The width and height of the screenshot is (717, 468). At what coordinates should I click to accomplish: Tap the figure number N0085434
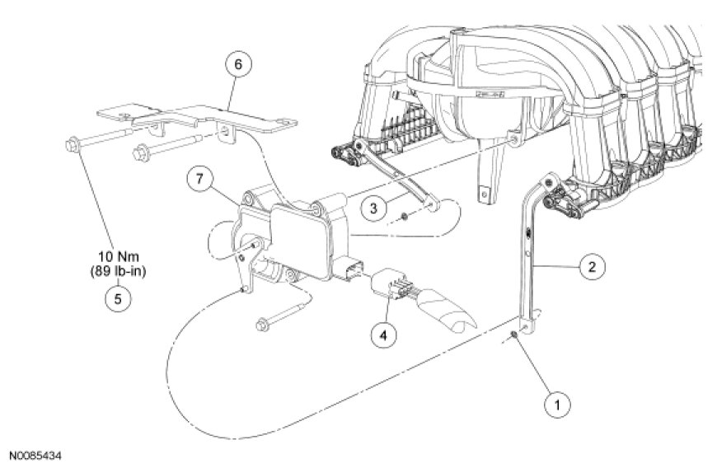36,454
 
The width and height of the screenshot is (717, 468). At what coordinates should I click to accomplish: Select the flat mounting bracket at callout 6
198,119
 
